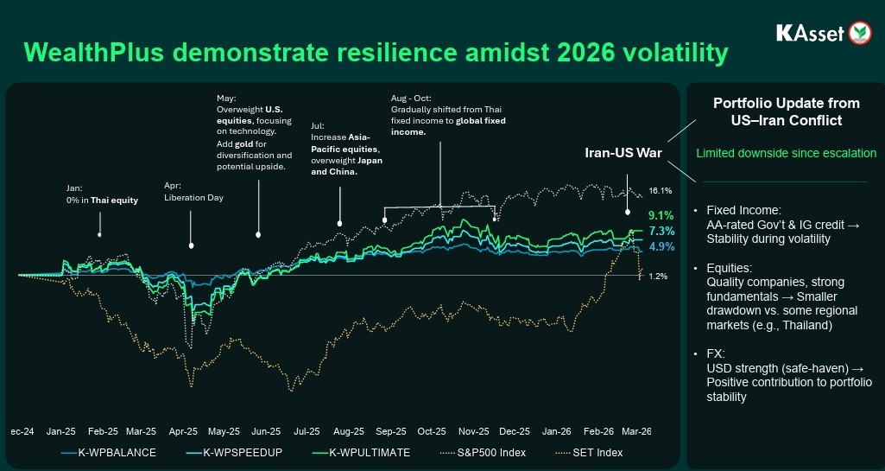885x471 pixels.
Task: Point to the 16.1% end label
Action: [x=660, y=190]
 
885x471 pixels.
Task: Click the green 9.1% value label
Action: [x=661, y=215]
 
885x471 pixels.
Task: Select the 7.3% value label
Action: [x=661, y=231]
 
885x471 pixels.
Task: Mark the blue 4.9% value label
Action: [x=661, y=246]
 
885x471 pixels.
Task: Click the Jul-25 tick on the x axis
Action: [x=307, y=430]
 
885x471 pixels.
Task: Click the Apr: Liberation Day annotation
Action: [x=193, y=192]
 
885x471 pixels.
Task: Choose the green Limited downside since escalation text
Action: [x=787, y=153]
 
